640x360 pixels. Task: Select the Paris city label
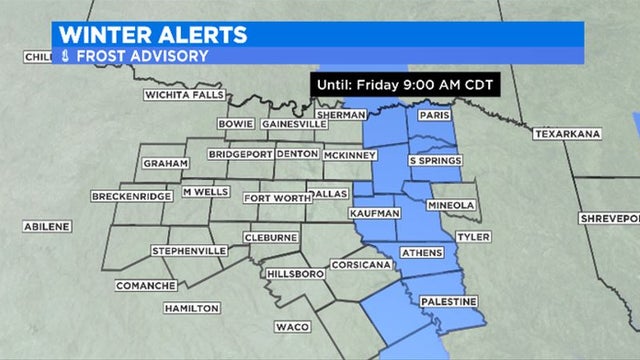pyautogui.click(x=430, y=116)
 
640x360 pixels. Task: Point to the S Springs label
pyautogui.click(x=435, y=160)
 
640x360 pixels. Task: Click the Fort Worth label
pyautogui.click(x=272, y=198)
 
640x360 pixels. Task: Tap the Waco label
pyautogui.click(x=292, y=327)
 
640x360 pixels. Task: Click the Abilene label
pyautogui.click(x=47, y=227)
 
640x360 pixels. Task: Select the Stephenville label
pyautogui.click(x=185, y=250)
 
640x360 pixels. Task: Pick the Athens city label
pyautogui.click(x=420, y=253)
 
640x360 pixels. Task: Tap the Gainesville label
pyautogui.click(x=293, y=124)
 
